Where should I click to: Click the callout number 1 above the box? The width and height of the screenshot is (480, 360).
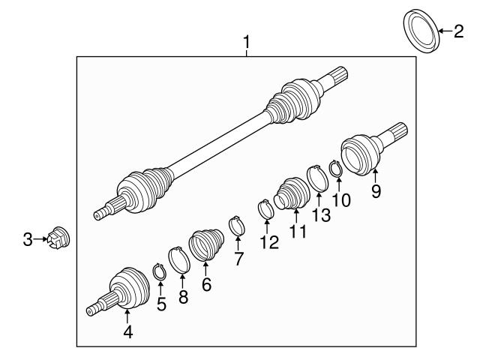[x=246, y=43]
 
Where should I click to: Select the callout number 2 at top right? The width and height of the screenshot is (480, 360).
[x=458, y=31]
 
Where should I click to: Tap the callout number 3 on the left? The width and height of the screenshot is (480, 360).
[x=27, y=239]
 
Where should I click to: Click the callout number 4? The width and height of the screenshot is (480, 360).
[x=127, y=331]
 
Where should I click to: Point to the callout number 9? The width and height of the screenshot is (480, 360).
[x=376, y=191]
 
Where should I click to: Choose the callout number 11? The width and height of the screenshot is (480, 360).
[x=298, y=232]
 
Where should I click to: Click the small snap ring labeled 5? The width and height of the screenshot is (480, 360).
[x=160, y=271]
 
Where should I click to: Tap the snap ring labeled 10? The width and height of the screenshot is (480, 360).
[x=335, y=171]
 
